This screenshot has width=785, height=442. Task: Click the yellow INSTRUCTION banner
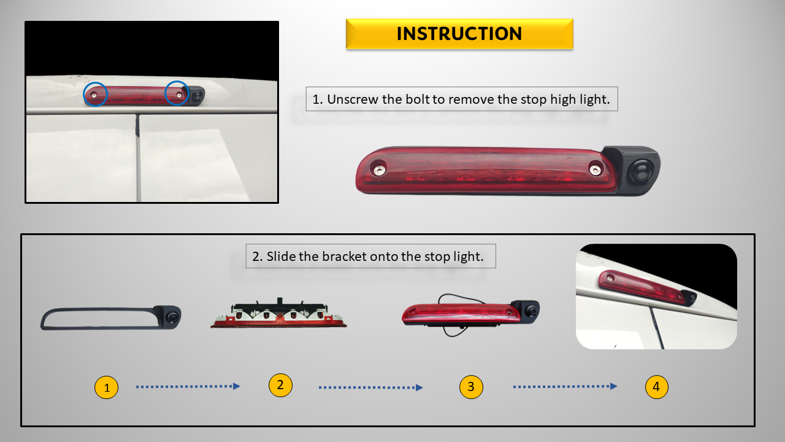click(459, 34)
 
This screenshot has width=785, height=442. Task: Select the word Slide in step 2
click(281, 257)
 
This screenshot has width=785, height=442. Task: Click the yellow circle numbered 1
click(107, 387)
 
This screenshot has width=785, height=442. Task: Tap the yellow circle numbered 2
click(280, 385)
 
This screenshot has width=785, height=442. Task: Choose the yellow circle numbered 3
click(471, 387)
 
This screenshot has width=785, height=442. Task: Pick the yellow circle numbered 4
click(656, 387)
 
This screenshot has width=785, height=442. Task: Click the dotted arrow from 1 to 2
click(188, 387)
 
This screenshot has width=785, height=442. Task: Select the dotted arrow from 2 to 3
click(371, 387)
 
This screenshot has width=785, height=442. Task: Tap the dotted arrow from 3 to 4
click(565, 387)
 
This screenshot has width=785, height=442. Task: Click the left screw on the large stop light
click(379, 171)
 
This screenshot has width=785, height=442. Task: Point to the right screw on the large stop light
click(595, 171)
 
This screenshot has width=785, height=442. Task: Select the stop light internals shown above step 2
click(278, 313)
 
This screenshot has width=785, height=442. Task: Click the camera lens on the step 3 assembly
click(531, 311)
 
